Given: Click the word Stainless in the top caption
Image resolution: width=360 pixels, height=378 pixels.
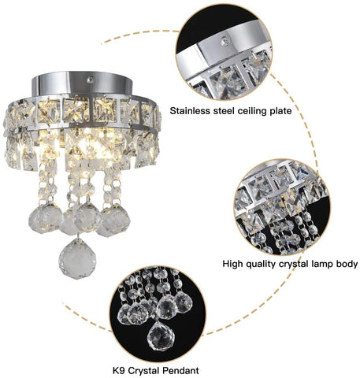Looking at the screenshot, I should [195, 112].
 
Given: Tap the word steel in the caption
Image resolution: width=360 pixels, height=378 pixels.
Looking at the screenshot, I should [234, 112].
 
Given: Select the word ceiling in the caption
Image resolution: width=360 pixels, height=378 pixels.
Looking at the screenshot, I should [267, 112].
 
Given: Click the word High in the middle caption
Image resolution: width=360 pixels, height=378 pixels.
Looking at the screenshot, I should [235, 265].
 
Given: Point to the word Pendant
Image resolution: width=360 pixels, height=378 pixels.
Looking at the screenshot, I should [180, 369].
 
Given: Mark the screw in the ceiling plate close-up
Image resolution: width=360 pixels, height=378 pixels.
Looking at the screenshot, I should [225, 37].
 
